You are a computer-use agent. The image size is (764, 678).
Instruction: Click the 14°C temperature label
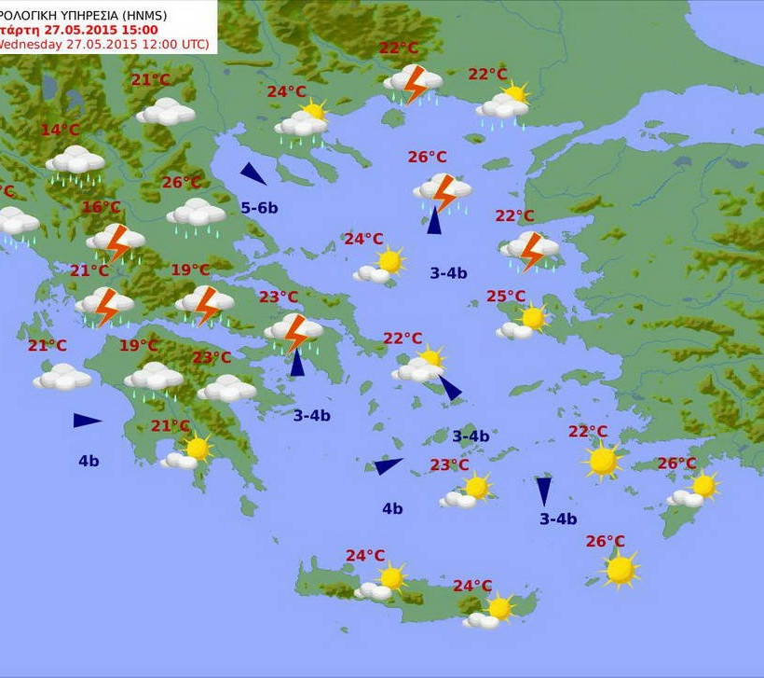click(60, 131)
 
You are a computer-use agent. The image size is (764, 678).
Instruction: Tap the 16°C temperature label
click(102, 207)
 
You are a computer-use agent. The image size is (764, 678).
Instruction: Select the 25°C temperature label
click(506, 297)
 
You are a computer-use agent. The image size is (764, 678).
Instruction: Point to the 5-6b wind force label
click(259, 207)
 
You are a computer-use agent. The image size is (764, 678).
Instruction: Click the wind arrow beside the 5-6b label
click(252, 173)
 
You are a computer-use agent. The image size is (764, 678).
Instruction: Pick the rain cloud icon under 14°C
click(75, 162)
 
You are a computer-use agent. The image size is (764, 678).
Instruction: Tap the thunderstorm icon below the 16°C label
click(116, 242)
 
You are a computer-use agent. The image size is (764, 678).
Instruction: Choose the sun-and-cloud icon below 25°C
click(523, 323)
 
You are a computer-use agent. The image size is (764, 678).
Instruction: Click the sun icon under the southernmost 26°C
click(620, 569)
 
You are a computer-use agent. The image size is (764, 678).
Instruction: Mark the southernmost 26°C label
click(605, 541)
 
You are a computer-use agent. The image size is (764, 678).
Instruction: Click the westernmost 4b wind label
click(89, 460)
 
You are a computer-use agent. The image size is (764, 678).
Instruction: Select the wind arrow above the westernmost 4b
click(87, 421)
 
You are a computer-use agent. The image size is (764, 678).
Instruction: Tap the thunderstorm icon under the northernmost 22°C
click(412, 83)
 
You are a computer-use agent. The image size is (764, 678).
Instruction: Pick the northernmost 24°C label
click(286, 91)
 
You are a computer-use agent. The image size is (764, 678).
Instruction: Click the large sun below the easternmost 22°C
click(602, 460)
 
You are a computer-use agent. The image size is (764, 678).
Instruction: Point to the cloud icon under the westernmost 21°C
click(62, 377)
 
